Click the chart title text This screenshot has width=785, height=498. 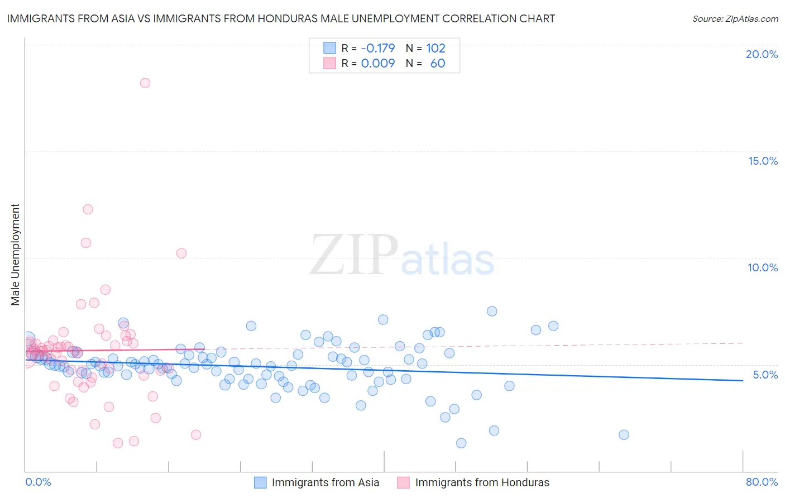coord(281,18)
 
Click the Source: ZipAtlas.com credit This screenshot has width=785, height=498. coord(735,18)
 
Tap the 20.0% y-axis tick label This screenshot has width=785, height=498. coord(762,54)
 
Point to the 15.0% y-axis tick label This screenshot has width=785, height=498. coord(763,161)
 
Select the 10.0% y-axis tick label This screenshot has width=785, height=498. coord(763,267)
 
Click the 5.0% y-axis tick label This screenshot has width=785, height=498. coord(765,375)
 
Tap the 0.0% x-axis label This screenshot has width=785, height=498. coord(38,482)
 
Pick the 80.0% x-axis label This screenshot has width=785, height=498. coord(762,482)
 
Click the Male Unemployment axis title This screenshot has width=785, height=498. coord(15,255)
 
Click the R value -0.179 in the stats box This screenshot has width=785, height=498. coord(377,48)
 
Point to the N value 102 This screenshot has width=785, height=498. coord(435,48)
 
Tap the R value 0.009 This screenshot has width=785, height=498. coord(377,63)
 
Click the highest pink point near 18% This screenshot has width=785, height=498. coord(145,83)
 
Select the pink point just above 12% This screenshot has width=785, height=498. coord(88,209)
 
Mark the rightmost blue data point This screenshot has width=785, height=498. coord(624,435)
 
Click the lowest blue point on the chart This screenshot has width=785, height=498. coord(461,443)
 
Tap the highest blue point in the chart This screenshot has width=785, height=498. coord(492,312)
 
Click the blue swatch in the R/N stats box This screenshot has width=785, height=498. coord(330,48)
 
